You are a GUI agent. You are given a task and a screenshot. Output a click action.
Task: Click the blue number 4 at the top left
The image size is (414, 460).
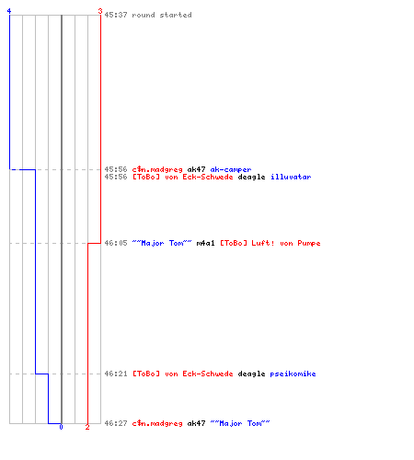point(9,11)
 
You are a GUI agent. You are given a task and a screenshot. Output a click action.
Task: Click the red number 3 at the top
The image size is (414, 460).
point(100,11)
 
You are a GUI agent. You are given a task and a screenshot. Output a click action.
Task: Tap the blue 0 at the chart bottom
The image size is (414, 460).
point(61,427)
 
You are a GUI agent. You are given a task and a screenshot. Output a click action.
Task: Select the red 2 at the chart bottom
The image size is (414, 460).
point(87,427)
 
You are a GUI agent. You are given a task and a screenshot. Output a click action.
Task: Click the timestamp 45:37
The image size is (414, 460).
point(116,15)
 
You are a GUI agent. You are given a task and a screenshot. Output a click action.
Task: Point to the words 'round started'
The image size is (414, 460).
point(162,15)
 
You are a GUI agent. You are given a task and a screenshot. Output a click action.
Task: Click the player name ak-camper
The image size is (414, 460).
point(231,169)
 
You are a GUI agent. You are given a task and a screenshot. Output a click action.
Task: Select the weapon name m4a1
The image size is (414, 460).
point(205,243)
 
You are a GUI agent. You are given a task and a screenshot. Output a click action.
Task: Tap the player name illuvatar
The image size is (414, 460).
point(291,177)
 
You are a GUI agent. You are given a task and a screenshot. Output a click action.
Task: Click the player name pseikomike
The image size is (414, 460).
point(293,374)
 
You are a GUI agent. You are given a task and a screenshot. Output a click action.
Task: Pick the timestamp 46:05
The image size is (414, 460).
point(116,243)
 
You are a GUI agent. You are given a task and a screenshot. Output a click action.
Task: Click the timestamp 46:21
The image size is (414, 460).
point(116,374)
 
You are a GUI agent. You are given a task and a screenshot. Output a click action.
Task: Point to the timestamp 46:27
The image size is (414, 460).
point(116,423)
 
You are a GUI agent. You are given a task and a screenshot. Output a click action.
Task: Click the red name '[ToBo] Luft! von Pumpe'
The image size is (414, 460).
point(270,244)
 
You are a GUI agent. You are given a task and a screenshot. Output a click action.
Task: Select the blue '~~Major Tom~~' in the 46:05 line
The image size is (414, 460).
point(162,243)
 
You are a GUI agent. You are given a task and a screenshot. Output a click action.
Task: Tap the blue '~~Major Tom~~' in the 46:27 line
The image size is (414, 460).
point(240,423)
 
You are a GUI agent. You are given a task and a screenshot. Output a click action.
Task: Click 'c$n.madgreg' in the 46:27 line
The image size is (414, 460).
point(157,424)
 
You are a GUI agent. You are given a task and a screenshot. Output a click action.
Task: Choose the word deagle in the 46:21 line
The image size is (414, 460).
point(251,374)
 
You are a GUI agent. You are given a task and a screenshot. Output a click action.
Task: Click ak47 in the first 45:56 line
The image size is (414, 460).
point(196,169)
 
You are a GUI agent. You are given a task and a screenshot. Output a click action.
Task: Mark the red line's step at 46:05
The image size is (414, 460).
point(94,243)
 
